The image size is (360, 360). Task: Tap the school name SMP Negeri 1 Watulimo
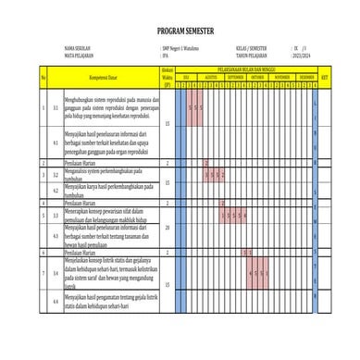(180, 45)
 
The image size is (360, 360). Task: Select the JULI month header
(186, 78)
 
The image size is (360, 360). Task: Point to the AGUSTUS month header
(210, 78)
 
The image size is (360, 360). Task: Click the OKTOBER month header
(258, 78)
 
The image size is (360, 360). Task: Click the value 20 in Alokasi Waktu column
(167, 226)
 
